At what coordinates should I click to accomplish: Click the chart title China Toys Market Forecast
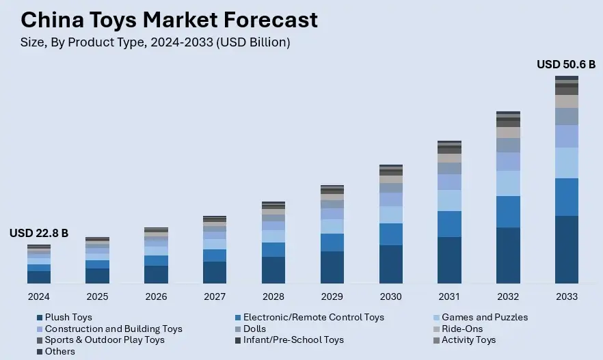(x=169, y=20)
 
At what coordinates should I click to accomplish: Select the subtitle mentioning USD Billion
(x=155, y=42)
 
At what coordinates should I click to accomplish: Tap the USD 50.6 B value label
(x=565, y=64)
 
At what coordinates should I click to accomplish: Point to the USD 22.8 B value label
(x=39, y=233)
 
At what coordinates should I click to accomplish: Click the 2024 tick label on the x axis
(x=39, y=296)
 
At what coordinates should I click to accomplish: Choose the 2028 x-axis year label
(x=273, y=296)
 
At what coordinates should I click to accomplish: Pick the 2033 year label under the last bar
(x=567, y=296)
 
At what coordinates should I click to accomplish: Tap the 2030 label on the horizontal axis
(x=390, y=296)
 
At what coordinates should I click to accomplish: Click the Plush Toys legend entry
(x=68, y=317)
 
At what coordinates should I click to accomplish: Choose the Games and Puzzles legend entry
(x=484, y=317)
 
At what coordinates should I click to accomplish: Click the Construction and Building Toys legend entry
(x=113, y=329)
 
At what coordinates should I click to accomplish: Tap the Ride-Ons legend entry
(x=462, y=329)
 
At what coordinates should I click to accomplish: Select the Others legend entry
(x=59, y=351)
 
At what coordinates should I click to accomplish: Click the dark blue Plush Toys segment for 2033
(x=567, y=249)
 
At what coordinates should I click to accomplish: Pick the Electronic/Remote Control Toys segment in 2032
(x=508, y=212)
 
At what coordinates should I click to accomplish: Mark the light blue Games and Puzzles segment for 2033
(x=567, y=163)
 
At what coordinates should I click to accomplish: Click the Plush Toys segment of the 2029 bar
(x=332, y=267)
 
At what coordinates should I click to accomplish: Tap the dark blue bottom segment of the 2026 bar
(x=156, y=275)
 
